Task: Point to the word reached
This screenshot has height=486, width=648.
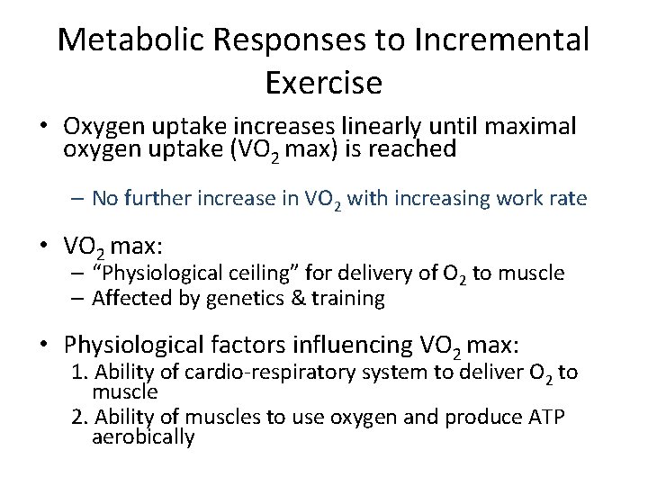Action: click(416, 149)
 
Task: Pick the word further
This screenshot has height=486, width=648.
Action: click(163, 198)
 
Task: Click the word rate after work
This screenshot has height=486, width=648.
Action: click(566, 198)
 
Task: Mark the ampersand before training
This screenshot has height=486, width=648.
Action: click(298, 298)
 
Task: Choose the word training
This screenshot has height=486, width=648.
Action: click(346, 298)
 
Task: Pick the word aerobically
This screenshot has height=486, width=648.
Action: click(143, 437)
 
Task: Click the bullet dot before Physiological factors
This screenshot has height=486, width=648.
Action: click(42, 344)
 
